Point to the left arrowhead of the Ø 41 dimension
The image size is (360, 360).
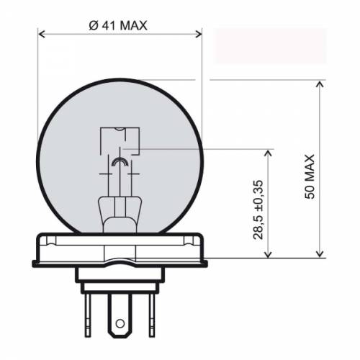pos(41,34)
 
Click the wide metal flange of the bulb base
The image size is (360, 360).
pos(119,248)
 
